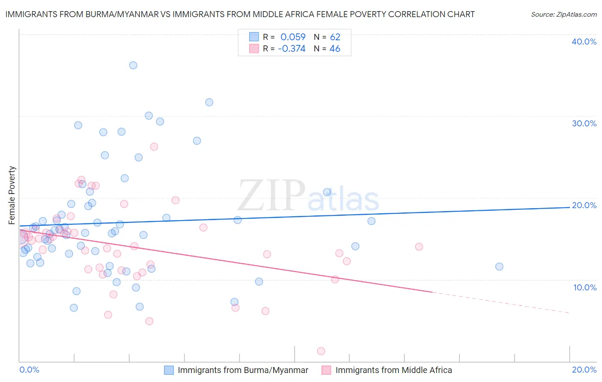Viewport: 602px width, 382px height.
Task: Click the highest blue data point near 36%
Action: click(133, 65)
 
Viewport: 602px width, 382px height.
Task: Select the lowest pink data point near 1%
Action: click(321, 351)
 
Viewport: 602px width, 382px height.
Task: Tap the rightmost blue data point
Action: click(499, 266)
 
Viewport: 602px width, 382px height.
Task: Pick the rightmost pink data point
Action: click(419, 247)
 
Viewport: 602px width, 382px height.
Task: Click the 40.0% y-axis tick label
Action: click(584, 42)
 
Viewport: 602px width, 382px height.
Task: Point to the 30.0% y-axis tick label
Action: click(584, 123)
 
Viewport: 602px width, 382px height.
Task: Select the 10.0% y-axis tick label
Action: click(585, 287)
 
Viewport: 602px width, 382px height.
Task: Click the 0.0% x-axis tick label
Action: click(29, 370)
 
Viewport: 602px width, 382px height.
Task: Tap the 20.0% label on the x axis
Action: click(584, 370)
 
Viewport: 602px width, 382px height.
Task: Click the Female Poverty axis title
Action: click(12, 195)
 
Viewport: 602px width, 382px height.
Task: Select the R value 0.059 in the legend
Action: click(293, 37)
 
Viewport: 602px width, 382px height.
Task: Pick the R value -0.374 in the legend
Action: click(292, 49)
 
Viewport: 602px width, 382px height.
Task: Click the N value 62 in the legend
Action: click(335, 37)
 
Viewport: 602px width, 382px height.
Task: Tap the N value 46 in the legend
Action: click(335, 49)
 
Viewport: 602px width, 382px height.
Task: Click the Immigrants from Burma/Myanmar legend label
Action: click(243, 370)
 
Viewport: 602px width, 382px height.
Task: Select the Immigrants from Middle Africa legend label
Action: click(393, 370)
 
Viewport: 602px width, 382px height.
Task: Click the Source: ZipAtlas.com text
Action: click(563, 15)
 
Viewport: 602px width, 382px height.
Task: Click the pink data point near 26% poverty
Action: click(154, 146)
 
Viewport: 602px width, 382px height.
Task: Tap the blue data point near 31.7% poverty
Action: click(209, 102)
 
